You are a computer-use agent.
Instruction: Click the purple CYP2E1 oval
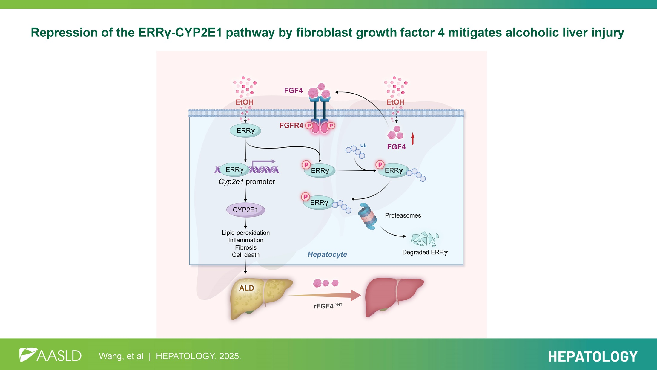[x=245, y=210]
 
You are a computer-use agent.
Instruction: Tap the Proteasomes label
[x=403, y=215]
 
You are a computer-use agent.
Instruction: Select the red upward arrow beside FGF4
[x=413, y=139]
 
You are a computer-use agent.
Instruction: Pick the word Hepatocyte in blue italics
[x=327, y=254]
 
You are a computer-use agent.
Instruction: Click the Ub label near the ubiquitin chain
[x=363, y=146]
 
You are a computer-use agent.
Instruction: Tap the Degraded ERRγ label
[x=425, y=252]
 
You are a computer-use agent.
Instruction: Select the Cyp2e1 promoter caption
[x=247, y=182]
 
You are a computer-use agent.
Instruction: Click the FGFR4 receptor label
[x=291, y=126]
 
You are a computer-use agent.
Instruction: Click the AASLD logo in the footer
[x=50, y=355]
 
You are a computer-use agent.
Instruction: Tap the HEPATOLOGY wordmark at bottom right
[x=592, y=357]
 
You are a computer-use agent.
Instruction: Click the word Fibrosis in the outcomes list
[x=245, y=247]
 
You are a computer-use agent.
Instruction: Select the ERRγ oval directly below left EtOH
[x=245, y=131]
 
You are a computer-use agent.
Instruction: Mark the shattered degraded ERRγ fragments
[x=424, y=239]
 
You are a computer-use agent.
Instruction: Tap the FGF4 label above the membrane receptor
[x=293, y=91]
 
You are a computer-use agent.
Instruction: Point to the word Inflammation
[x=245, y=240]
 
